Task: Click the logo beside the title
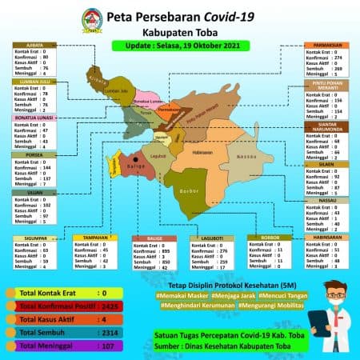94,19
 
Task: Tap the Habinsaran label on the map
203,151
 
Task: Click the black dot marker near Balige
136,159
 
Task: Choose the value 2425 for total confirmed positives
112,306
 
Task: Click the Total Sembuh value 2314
112,332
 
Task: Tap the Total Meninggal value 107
112,346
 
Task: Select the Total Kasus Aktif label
42,318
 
